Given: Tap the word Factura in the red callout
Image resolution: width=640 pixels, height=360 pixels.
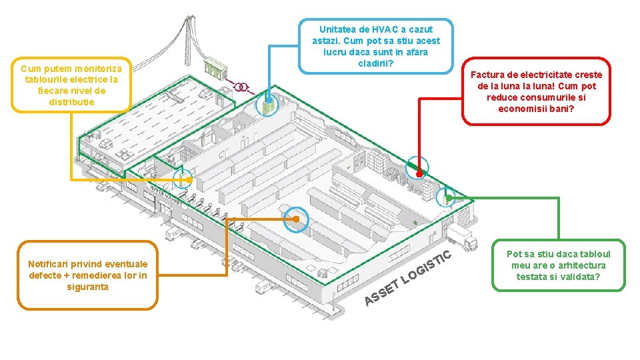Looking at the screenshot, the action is click(486, 75).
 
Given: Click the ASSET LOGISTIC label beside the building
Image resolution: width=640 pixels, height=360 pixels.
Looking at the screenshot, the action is click(408, 278).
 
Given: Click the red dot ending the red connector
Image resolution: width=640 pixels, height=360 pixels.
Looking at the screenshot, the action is click(419, 174).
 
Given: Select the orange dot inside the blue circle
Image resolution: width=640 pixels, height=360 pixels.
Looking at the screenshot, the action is click(296, 219).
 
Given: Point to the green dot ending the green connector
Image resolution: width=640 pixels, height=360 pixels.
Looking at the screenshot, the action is click(449, 199).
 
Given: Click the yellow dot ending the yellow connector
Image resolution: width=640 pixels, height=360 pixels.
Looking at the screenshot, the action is click(189, 179).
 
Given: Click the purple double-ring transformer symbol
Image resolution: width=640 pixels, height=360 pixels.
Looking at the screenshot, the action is click(241, 87).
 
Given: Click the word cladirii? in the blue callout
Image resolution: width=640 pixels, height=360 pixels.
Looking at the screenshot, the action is click(375, 64).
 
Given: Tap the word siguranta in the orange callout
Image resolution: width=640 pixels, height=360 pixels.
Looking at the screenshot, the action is click(88, 287).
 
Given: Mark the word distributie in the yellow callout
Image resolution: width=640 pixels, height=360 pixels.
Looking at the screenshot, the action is click(72, 102).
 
